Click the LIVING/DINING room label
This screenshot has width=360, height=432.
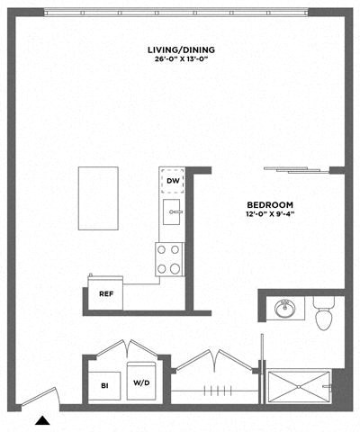[x=179, y=49]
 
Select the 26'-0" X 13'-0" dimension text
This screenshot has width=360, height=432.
[x=179, y=61]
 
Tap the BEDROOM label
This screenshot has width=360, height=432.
[x=269, y=204]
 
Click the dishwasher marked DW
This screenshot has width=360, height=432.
[x=171, y=182]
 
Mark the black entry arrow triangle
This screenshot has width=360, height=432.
[x=42, y=418]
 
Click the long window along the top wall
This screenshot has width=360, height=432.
[x=179, y=11]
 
